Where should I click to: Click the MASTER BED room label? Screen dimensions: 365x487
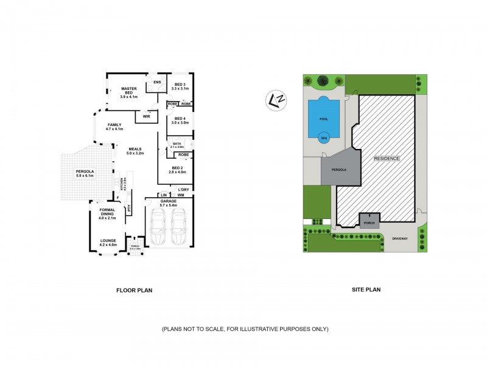tap(128, 89)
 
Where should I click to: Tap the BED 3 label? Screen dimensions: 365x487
tap(180, 84)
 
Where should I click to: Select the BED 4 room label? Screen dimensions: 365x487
tap(180, 118)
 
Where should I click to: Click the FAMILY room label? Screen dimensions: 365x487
tap(114, 125)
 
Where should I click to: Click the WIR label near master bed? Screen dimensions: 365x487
tap(146, 116)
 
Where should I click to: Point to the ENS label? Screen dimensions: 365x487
tap(157, 82)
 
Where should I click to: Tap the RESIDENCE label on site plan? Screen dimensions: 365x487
tap(387, 158)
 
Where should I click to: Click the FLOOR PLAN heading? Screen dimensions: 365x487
tap(134, 290)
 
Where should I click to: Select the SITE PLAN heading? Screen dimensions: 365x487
tap(366, 290)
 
